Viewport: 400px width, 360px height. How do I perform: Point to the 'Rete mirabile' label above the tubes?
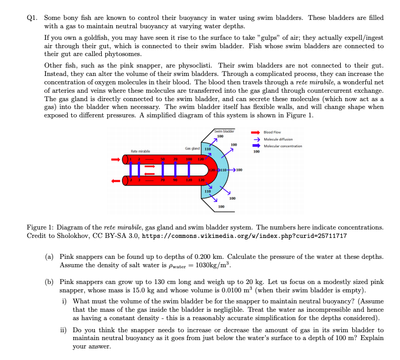click(x=138, y=151)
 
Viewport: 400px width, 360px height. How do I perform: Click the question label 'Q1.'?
click(x=33, y=18)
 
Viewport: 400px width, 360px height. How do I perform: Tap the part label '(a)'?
click(x=49, y=256)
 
